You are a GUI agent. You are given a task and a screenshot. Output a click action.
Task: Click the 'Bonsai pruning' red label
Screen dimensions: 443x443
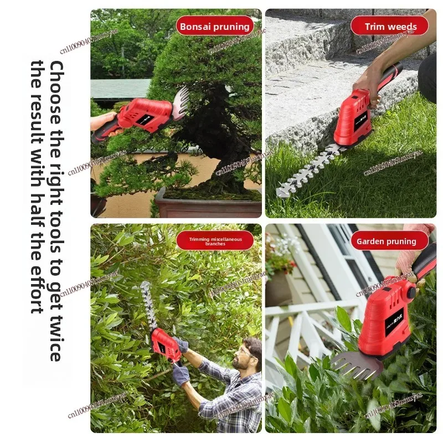(x=215, y=26)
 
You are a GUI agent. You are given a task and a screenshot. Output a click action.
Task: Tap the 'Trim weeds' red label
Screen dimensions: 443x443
(x=390, y=26)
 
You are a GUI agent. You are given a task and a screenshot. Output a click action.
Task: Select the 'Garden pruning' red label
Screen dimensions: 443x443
(x=386, y=241)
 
